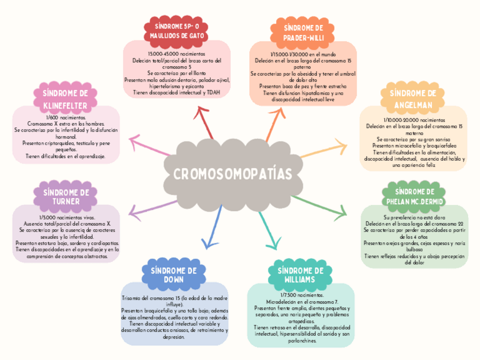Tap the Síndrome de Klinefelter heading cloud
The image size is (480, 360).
point(65,99)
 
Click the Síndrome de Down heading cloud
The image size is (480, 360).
point(174,275)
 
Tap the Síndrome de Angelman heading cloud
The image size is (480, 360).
point(415,99)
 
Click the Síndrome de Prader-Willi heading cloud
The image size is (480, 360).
point(303,32)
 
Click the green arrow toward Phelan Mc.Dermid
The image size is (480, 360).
point(320,205)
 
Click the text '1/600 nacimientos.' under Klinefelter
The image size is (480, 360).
point(65,117)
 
